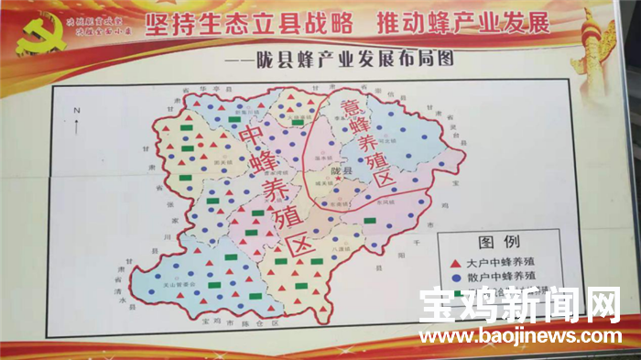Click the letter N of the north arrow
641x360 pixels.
[x=78, y=111]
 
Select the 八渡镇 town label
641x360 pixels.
[x=341, y=247]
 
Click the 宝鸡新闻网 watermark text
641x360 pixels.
[x=520, y=307]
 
